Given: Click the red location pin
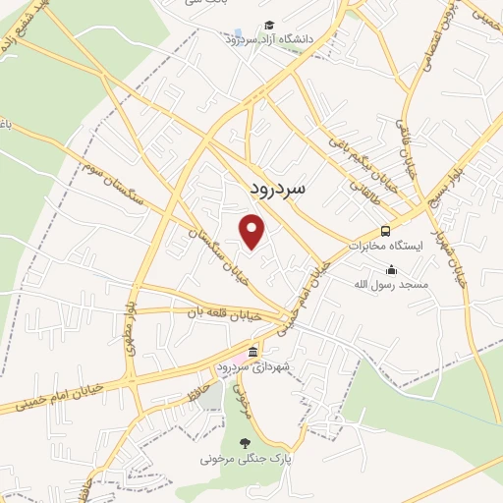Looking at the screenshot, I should pos(253,232).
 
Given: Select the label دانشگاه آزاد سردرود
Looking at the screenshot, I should pos(268,39).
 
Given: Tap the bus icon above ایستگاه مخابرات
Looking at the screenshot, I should pos(385,230).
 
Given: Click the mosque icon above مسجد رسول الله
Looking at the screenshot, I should pos(392,270).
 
